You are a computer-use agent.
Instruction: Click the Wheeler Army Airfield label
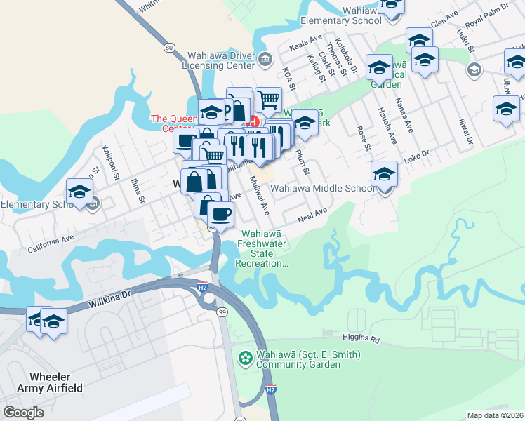(46, 382)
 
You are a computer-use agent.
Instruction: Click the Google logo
(24, 412)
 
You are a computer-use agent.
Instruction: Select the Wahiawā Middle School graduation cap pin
(384, 174)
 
